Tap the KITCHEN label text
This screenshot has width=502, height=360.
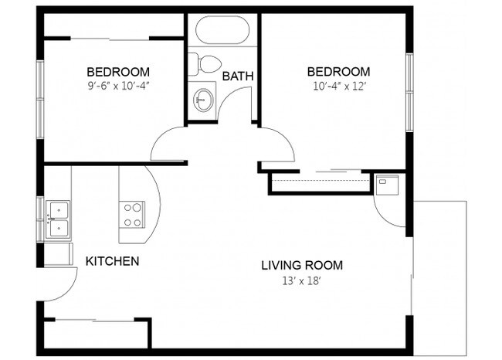click(112, 261)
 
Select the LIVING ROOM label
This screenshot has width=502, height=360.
click(302, 266)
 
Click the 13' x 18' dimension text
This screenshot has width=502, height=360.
click(302, 280)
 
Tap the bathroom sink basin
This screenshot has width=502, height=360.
click(204, 99)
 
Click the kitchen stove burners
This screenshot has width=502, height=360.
click(132, 214)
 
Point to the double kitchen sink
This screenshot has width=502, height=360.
click(58, 219)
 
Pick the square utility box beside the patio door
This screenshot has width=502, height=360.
click(385, 183)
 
